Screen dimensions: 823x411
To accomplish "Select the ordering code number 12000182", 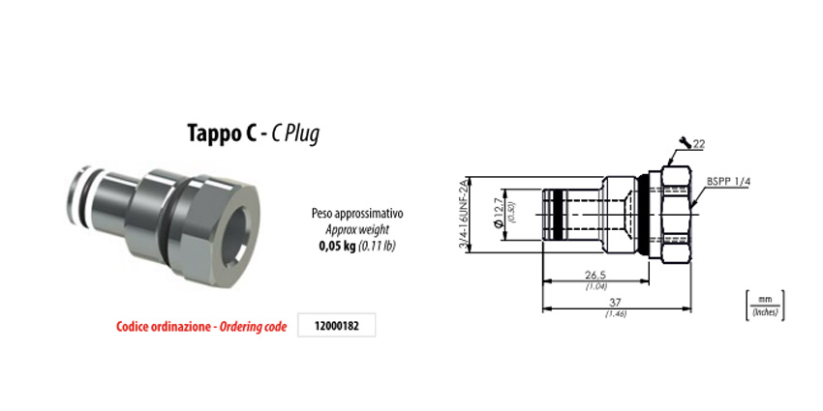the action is coord(336,326).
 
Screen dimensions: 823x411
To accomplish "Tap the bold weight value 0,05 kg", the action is coord(337,246).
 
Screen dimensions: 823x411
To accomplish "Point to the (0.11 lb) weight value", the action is coord(377,246).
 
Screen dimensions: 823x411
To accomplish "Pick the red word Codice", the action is coord(134,327).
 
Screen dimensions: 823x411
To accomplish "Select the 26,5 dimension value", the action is coord(594,275).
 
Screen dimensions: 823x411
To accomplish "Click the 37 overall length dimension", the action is coord(615,303).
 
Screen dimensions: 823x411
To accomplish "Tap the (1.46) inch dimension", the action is coord(616,314).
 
